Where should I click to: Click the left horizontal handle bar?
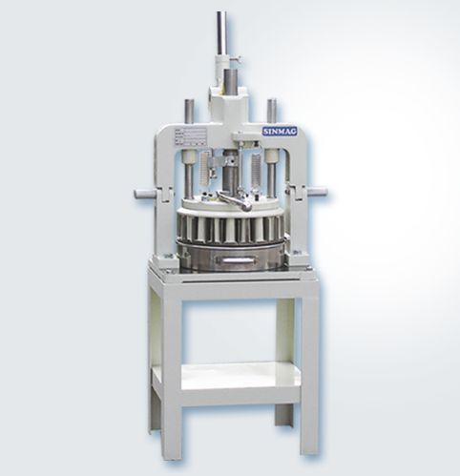click(x=143, y=194)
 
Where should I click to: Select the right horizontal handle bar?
click(x=312, y=192)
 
